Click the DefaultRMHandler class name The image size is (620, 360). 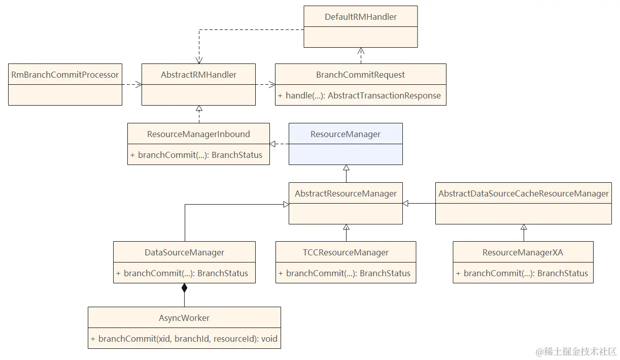(x=361, y=17)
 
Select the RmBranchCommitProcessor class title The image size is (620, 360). (x=65, y=75)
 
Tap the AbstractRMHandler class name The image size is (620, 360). (x=198, y=75)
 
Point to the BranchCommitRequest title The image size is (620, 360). (x=360, y=75)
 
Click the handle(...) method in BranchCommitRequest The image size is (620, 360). (x=360, y=95)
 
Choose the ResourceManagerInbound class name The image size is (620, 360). (x=198, y=134)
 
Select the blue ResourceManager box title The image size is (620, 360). (x=346, y=134)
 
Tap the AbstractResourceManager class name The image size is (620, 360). (x=346, y=193)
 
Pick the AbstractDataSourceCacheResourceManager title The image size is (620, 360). (x=524, y=193)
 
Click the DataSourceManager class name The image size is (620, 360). (x=184, y=252)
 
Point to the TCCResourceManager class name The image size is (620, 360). (x=346, y=252)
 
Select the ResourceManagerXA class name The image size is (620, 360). (x=523, y=252)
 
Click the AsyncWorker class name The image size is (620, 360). (x=184, y=318)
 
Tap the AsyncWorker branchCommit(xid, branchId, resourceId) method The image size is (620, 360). (x=184, y=338)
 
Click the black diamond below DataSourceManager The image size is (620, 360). (x=184, y=288)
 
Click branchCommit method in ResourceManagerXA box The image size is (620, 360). (x=523, y=273)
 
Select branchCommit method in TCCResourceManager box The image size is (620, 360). (x=346, y=273)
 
